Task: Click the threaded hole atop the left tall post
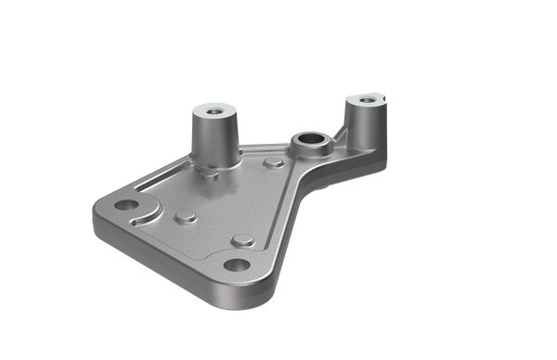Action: [x=214, y=109]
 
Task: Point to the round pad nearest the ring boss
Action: [x=273, y=163]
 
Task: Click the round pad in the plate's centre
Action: [x=184, y=218]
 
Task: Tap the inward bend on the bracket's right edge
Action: [x=306, y=199]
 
